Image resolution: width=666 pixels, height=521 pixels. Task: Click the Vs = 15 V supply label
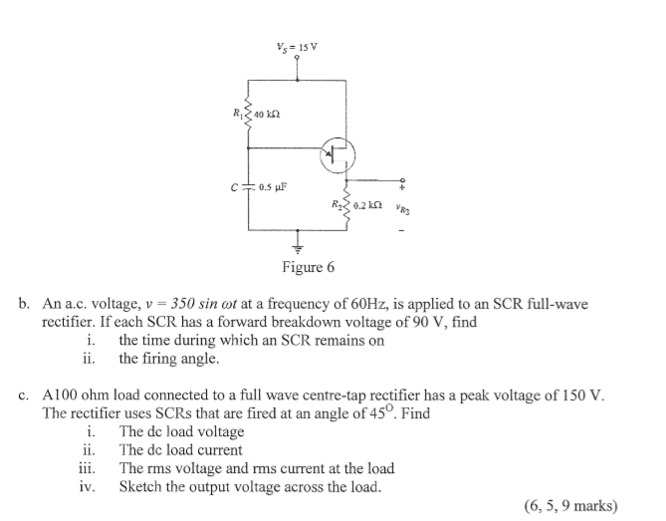coord(297,47)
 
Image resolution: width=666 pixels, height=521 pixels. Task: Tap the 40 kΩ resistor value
coord(267,115)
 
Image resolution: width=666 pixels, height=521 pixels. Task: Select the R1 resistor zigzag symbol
coord(248,114)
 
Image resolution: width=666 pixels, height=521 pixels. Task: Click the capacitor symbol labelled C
coord(248,186)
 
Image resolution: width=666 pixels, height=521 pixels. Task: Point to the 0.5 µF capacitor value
coord(273,186)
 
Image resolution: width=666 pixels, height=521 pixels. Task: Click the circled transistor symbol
coord(337,155)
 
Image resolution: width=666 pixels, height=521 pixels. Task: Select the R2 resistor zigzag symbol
coord(347,206)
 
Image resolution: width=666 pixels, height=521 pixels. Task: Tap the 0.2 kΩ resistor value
coord(367,205)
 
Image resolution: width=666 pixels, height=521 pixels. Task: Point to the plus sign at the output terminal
coord(402,186)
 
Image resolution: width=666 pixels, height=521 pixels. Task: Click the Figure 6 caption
coord(309,267)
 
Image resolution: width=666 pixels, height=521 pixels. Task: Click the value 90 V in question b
coord(429,322)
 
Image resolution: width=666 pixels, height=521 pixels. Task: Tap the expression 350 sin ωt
coord(204,304)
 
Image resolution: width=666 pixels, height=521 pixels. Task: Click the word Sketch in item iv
coord(140,486)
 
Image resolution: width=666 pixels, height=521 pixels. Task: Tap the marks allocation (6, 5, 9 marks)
coord(571,506)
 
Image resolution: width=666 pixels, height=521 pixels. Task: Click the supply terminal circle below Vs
coord(297,57)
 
